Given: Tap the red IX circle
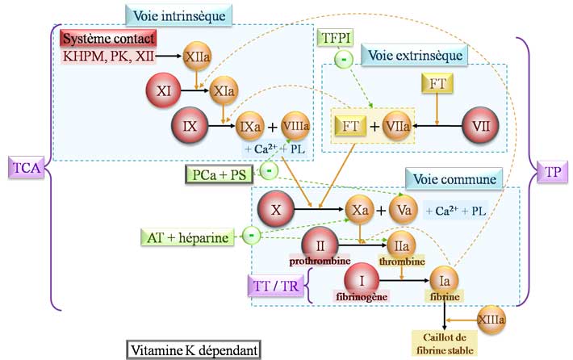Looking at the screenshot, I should point(191,127).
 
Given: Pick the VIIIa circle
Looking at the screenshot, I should point(297,127).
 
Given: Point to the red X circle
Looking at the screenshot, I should point(277,209).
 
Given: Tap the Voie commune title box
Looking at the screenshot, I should point(453,177).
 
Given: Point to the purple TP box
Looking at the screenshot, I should point(553,173).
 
